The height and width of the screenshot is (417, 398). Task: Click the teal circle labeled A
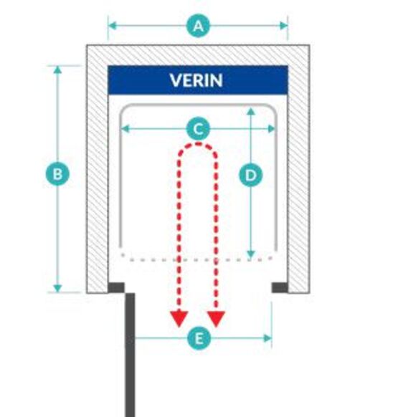(x=198, y=26)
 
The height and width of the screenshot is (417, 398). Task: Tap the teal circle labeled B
(x=57, y=174)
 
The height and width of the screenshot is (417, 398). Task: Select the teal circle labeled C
(x=198, y=129)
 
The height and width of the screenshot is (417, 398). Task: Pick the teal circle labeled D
(x=251, y=176)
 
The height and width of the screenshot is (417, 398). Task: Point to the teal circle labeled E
(x=199, y=339)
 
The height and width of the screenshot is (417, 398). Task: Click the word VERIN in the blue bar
(x=196, y=80)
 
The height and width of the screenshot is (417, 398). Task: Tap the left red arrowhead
(x=179, y=319)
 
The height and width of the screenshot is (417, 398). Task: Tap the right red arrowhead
(x=216, y=319)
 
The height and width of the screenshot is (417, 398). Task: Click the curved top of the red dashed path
(x=198, y=145)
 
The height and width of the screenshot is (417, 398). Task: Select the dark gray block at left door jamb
(x=116, y=287)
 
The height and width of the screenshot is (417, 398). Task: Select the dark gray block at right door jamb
(x=280, y=287)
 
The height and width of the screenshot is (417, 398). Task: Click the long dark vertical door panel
(x=130, y=355)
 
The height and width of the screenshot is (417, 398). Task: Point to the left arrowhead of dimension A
(x=113, y=26)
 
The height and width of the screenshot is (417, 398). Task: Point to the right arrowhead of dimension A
(x=283, y=26)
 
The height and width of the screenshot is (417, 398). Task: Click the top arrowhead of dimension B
(x=57, y=70)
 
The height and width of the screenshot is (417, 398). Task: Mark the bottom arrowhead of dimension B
(x=57, y=288)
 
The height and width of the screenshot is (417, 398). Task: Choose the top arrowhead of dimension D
(x=251, y=112)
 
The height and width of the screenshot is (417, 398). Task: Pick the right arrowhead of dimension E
(x=267, y=339)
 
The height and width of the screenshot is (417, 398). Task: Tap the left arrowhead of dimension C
(x=125, y=129)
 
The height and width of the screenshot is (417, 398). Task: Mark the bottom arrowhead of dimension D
(x=251, y=254)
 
